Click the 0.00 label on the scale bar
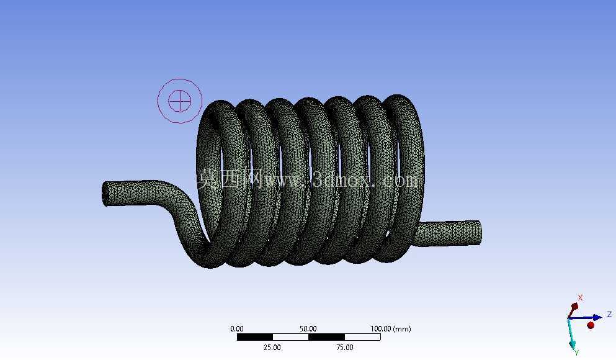[237, 328]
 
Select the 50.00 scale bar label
[308, 328]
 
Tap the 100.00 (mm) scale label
[390, 328]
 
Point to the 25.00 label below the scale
[272, 347]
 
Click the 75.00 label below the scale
[344, 347]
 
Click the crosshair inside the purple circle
[180, 101]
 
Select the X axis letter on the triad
[580, 297]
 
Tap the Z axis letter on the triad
[609, 315]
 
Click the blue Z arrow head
[597, 317]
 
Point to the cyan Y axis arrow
[572, 333]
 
